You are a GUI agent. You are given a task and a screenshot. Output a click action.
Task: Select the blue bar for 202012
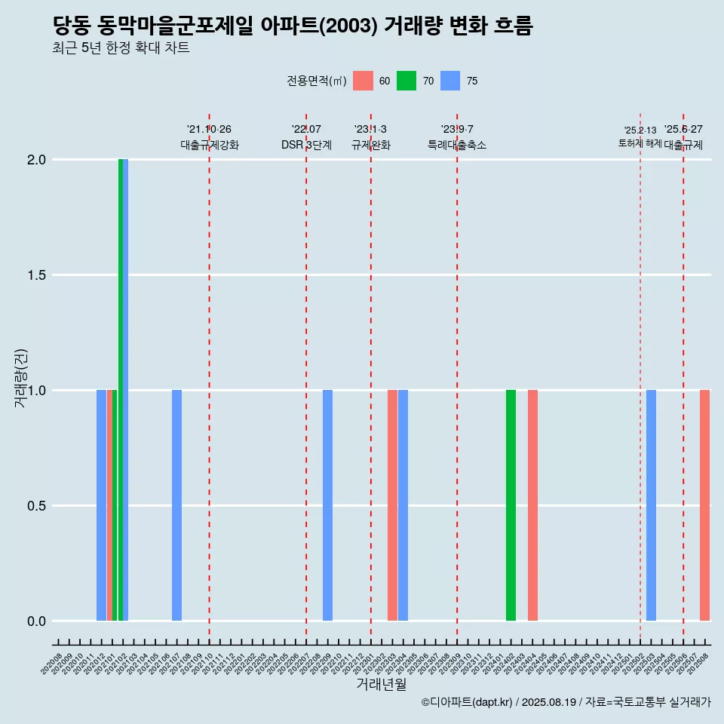[101, 505]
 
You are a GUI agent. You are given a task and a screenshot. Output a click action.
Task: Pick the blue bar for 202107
[176, 505]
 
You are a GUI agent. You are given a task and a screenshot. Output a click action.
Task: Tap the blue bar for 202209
[327, 505]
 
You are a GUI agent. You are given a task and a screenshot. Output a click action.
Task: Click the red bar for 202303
[392, 505]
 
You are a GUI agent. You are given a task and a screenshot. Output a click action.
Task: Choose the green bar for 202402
[511, 505]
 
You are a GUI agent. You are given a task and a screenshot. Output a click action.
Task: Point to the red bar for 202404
[532, 505]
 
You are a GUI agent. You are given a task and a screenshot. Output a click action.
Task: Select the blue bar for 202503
[651, 505]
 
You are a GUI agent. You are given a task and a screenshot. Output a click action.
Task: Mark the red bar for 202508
[704, 505]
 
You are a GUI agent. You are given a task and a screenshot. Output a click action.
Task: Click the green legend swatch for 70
[406, 81]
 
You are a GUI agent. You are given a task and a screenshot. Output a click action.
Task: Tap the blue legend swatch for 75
[450, 81]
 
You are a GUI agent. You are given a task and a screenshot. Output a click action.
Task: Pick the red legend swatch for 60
[363, 81]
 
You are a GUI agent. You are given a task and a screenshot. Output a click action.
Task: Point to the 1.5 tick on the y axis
[36, 275]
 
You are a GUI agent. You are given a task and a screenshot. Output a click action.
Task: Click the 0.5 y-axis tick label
[36, 506]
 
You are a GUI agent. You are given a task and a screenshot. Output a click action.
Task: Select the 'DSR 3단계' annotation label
[306, 146]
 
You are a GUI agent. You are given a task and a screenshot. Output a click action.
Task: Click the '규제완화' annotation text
[371, 146]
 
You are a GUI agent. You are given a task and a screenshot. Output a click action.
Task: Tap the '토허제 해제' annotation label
[640, 143]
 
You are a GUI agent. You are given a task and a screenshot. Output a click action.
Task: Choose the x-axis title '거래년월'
[381, 685]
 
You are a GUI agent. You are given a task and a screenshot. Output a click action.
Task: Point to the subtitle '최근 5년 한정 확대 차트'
[121, 48]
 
